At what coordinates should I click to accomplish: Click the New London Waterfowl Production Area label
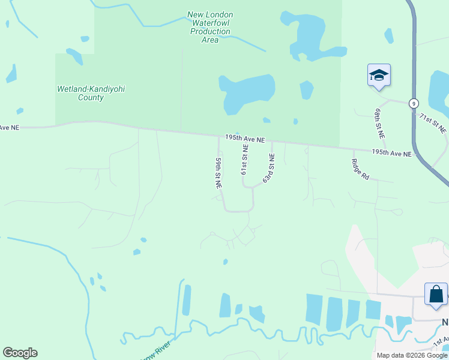tap(210, 27)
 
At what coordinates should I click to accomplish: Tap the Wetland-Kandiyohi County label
tap(91, 93)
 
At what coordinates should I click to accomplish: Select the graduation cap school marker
tap(379, 76)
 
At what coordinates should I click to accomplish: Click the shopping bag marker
tap(436, 295)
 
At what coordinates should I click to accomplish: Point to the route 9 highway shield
tap(414, 103)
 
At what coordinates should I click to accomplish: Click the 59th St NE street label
tap(218, 174)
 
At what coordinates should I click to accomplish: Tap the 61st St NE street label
tap(244, 159)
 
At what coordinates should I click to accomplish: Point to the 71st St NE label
tap(433, 122)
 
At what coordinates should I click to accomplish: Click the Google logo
tap(20, 353)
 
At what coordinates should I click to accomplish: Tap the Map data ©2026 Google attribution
tap(412, 355)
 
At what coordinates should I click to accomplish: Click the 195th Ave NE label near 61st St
tap(245, 139)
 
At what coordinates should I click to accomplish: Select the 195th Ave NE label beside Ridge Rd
tap(391, 153)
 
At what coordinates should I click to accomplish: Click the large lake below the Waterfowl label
tap(246, 93)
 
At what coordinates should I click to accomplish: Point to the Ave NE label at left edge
tap(10, 127)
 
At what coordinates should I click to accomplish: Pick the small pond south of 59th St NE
tap(225, 262)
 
